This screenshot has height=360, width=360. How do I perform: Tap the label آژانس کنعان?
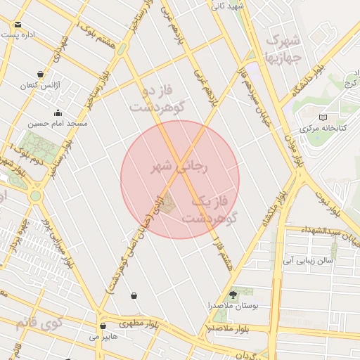tap(39, 85)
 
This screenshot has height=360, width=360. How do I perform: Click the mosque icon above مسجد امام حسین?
tap(58, 112)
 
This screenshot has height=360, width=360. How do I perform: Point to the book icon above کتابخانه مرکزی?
tap(323, 117)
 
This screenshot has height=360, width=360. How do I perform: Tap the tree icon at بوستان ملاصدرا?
tap(233, 294)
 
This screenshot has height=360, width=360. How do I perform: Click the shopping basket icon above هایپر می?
tap(103, 326)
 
